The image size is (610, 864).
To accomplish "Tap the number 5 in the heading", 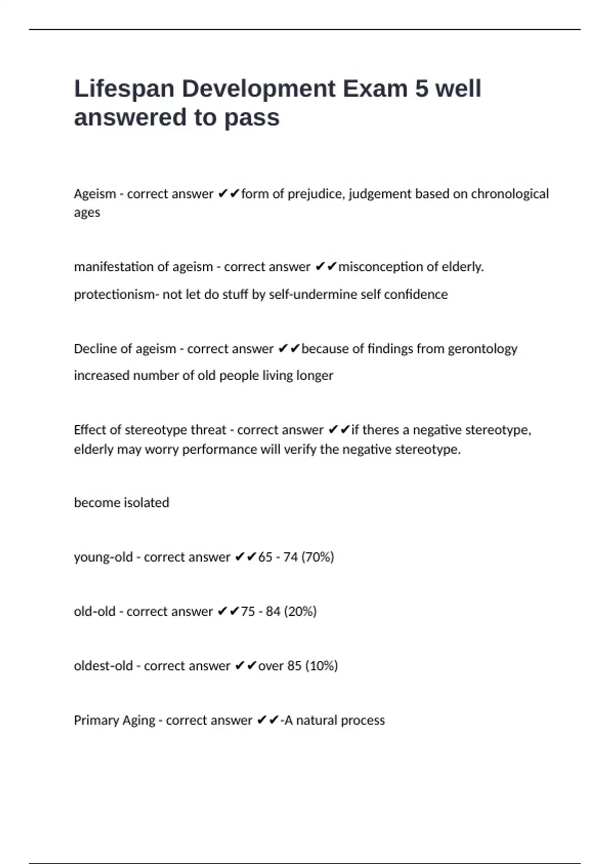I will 421,89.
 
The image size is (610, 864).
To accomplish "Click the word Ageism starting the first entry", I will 95,194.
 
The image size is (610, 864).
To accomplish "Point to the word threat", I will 208,430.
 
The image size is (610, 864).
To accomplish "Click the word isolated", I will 146,503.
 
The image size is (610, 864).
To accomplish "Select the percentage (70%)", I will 318,557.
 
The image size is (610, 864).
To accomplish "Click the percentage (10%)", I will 321,666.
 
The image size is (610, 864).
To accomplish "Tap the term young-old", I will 103,557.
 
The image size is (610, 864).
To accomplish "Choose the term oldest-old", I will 103,666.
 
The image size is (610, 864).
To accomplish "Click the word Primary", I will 94,720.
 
